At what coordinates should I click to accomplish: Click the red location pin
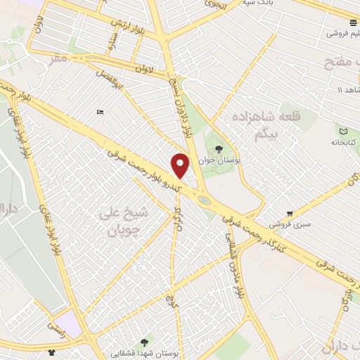pos(181,165)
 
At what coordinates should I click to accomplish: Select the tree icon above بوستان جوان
pos(219,149)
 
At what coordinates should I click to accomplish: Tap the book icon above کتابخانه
pos(343,131)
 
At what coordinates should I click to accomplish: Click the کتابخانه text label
pos(345,142)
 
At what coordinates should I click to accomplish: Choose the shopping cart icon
pos(290,214)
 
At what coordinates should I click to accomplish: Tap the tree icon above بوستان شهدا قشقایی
pos(144,342)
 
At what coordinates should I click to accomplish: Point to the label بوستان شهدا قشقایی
pos(147,352)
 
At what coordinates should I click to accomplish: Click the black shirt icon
pos(51,352)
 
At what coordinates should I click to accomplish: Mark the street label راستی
pos(53,328)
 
